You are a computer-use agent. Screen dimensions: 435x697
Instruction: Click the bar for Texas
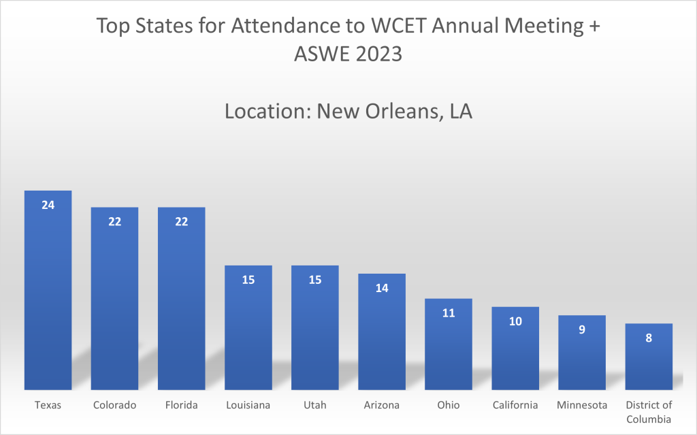click(x=48, y=293)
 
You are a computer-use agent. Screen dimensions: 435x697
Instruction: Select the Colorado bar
click(x=114, y=300)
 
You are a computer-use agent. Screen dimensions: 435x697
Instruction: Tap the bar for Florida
click(x=181, y=300)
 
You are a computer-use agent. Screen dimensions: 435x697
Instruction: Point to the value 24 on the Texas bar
click(x=48, y=204)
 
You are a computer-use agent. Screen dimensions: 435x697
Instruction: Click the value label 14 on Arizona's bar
click(x=382, y=288)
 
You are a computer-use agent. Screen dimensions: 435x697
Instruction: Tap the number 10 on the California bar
click(x=515, y=321)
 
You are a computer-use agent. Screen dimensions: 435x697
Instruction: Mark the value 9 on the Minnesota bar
click(x=582, y=329)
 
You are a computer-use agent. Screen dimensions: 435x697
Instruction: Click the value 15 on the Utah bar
click(x=315, y=280)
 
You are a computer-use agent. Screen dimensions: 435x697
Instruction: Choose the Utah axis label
click(x=315, y=405)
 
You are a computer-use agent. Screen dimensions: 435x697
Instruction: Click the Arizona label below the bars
click(x=382, y=405)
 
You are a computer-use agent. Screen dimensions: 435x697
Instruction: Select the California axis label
click(x=515, y=405)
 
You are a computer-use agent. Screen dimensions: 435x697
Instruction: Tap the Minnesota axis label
click(x=582, y=405)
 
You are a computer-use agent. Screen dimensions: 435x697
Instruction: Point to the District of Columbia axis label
click(x=649, y=412)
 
